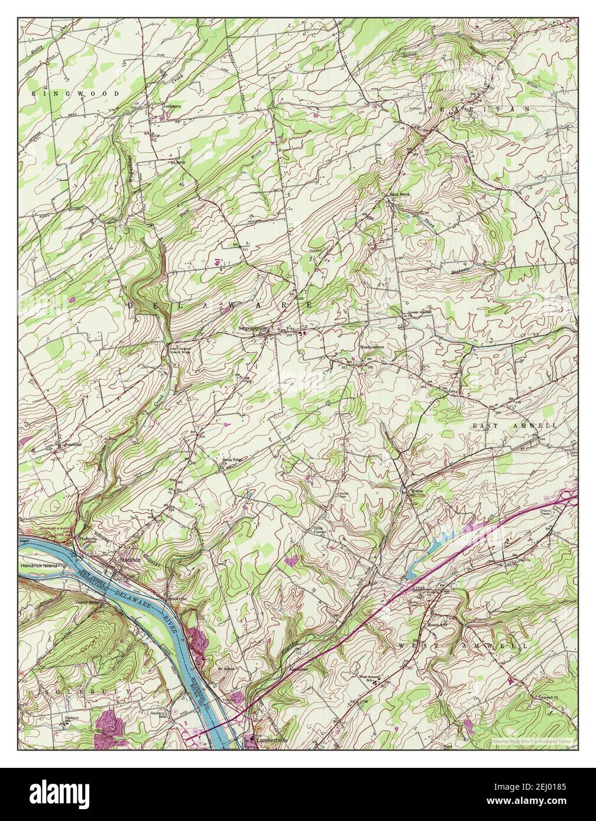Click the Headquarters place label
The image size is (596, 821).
coord(372,347)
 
